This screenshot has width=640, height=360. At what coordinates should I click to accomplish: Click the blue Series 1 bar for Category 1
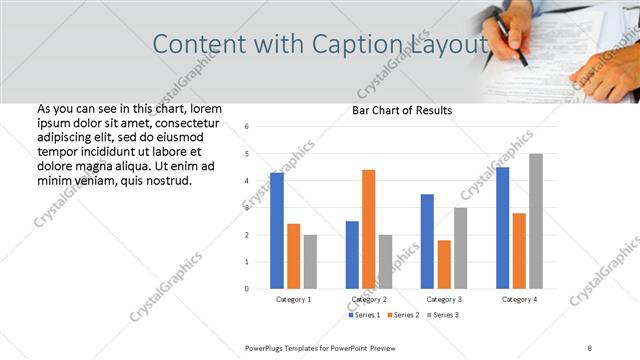[277, 230]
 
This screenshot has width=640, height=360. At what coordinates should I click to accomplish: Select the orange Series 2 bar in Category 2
[369, 229]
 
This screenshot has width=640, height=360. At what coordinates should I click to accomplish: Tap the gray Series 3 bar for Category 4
[536, 221]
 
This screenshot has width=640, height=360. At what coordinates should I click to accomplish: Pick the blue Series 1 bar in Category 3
[427, 241]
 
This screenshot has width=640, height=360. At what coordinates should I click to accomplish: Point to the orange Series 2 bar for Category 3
[444, 264]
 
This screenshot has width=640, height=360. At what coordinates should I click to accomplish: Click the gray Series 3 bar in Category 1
[310, 261]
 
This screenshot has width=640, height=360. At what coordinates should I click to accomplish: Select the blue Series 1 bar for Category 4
[502, 227]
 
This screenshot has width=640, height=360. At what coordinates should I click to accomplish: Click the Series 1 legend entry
[365, 315]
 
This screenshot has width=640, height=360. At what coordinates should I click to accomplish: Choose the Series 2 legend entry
[402, 315]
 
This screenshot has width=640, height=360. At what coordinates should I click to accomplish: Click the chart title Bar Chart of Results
[402, 110]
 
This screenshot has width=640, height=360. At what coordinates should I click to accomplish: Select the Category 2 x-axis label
[369, 299]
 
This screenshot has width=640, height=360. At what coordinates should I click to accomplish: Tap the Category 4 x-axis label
[519, 299]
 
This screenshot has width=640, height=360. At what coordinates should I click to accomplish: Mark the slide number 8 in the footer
[590, 346]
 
